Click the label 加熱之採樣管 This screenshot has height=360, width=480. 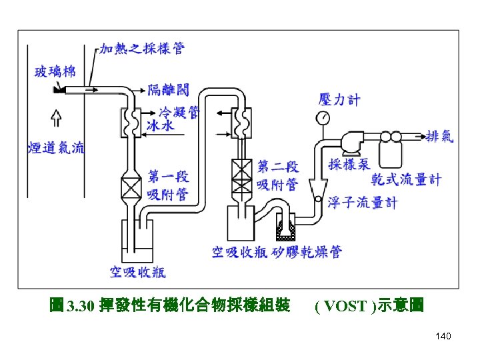(142, 49)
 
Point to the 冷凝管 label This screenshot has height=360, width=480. (179, 112)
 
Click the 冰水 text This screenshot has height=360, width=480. (161, 125)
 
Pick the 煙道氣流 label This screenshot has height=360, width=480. (57, 148)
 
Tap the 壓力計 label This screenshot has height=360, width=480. (339, 100)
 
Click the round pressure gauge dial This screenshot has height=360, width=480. (323, 119)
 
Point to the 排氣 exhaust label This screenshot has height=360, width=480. (440, 136)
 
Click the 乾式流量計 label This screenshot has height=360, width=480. (406, 179)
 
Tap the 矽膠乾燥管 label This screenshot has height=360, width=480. (307, 251)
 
